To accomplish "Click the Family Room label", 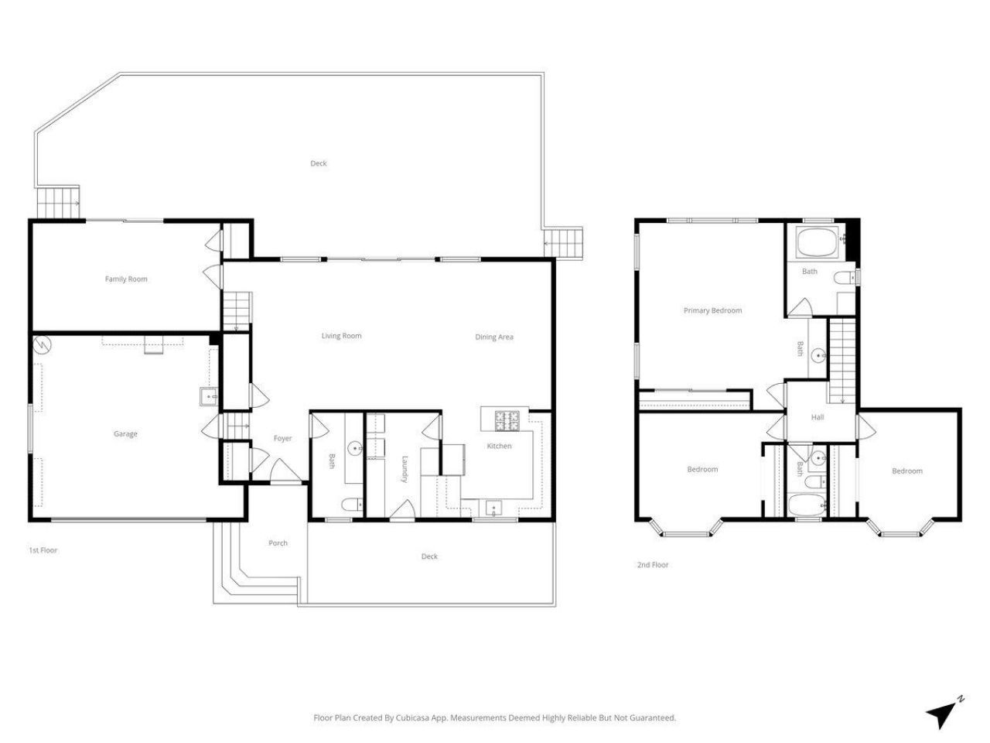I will (x=126, y=279).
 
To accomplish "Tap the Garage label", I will (x=125, y=434).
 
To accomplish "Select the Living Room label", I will (x=341, y=336).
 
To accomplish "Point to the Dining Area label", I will (x=494, y=337).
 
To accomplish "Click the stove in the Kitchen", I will (x=507, y=420).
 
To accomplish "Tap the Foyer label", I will (x=282, y=439).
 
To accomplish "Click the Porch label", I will (x=278, y=543).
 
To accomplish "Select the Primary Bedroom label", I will (x=712, y=310).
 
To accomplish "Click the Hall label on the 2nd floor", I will (x=818, y=417).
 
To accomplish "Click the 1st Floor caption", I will (x=43, y=550).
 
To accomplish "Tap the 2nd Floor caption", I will (x=652, y=565).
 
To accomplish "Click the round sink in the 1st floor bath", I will (x=355, y=447).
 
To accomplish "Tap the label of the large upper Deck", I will (x=318, y=163).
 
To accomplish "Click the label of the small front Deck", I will (x=429, y=556).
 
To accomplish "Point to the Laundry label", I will (x=405, y=469).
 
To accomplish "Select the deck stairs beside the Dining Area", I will (x=563, y=243).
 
